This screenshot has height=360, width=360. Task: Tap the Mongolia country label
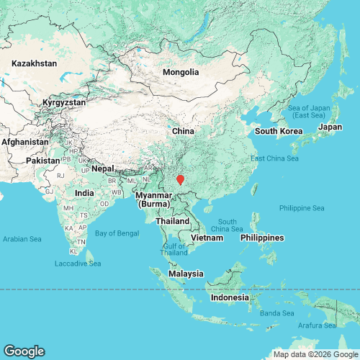coord(181,72)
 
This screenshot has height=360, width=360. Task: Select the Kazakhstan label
coord(34,63)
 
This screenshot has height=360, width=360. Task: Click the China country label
coord(183,131)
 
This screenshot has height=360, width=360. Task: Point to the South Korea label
coord(279,131)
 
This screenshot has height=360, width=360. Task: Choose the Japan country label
coord(330,127)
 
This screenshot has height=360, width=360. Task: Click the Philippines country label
coord(263,238)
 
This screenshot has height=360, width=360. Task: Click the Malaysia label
coord(186,274)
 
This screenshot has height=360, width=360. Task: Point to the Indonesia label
coord(230,297)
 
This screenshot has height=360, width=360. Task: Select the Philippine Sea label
coord(302,208)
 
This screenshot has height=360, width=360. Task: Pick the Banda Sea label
coord(278,313)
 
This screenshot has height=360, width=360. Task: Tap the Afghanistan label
coord(25,142)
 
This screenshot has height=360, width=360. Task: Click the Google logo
coord(23,351)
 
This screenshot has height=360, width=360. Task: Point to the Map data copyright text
coord(314,354)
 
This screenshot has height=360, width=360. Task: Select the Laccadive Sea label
coord(78,264)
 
